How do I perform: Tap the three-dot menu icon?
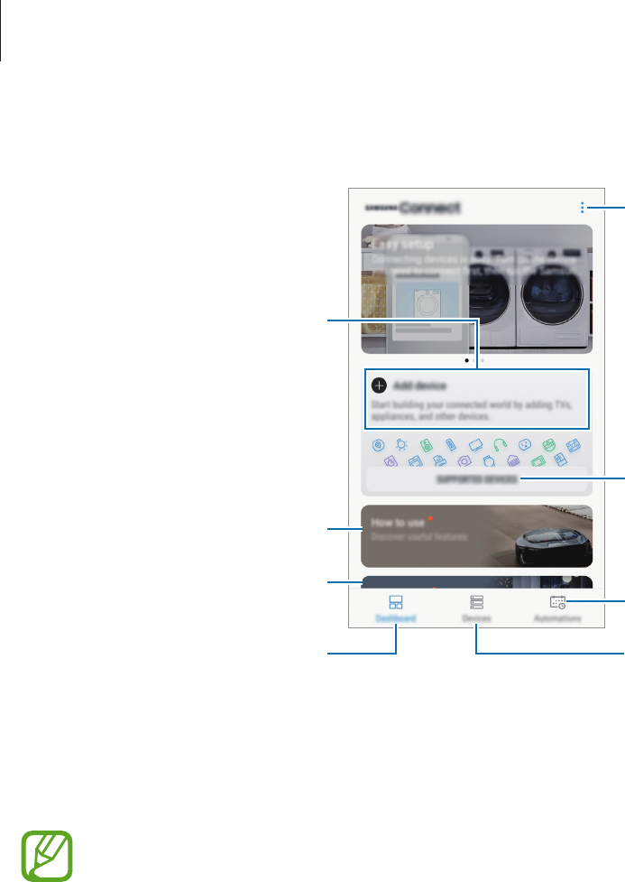point(583,208)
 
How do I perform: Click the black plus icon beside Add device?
point(379,385)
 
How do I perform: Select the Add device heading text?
point(420,385)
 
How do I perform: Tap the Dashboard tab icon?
point(396,603)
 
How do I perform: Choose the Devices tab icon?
point(476,603)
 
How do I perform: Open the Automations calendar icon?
point(557,603)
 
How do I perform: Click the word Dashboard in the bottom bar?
point(396,620)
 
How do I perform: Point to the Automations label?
point(557,620)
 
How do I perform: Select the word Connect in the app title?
point(429,208)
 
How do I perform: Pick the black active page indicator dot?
point(466,360)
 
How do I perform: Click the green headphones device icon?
point(501,445)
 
